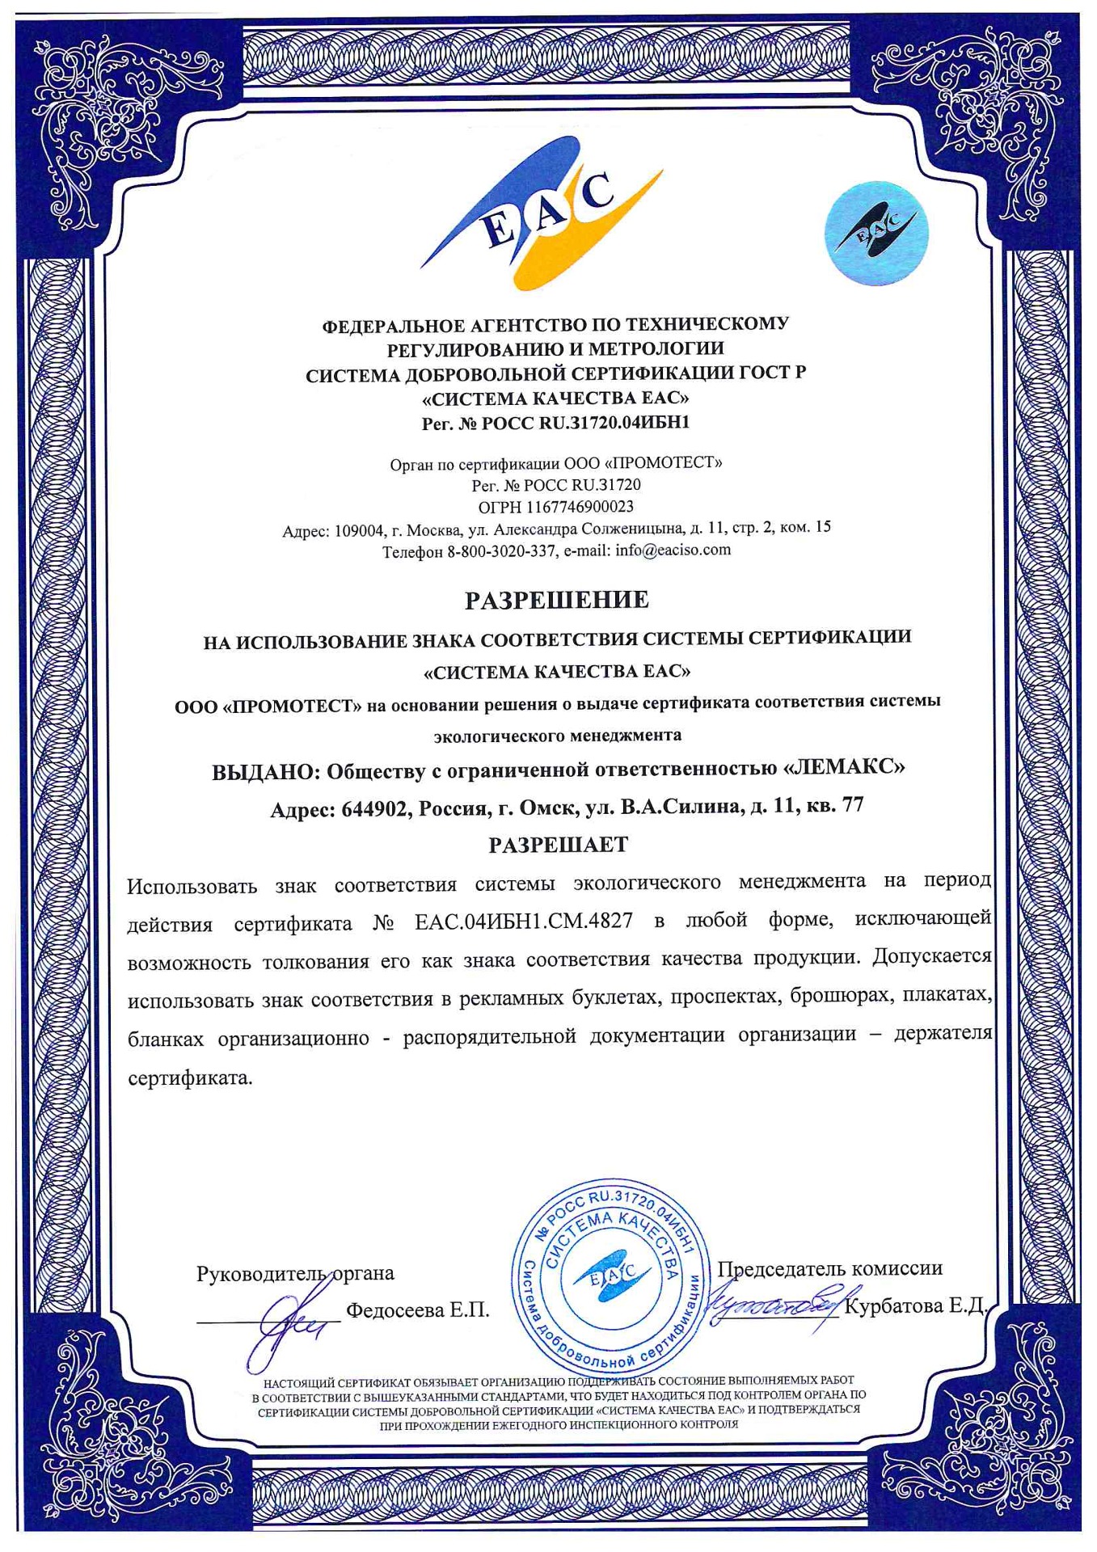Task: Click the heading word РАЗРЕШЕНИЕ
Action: pyautogui.click(x=556, y=600)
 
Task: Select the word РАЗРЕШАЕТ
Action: pyautogui.click(x=558, y=845)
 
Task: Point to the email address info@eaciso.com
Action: pyautogui.click(x=673, y=550)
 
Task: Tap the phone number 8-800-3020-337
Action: pyautogui.click(x=501, y=551)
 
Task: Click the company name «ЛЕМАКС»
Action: pyautogui.click(x=844, y=767)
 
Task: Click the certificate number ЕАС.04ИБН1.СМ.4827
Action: pyautogui.click(x=523, y=921)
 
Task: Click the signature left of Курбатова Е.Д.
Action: pyautogui.click(x=772, y=1303)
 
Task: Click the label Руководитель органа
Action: pyautogui.click(x=295, y=1274)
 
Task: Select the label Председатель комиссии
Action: pyautogui.click(x=829, y=1268)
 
